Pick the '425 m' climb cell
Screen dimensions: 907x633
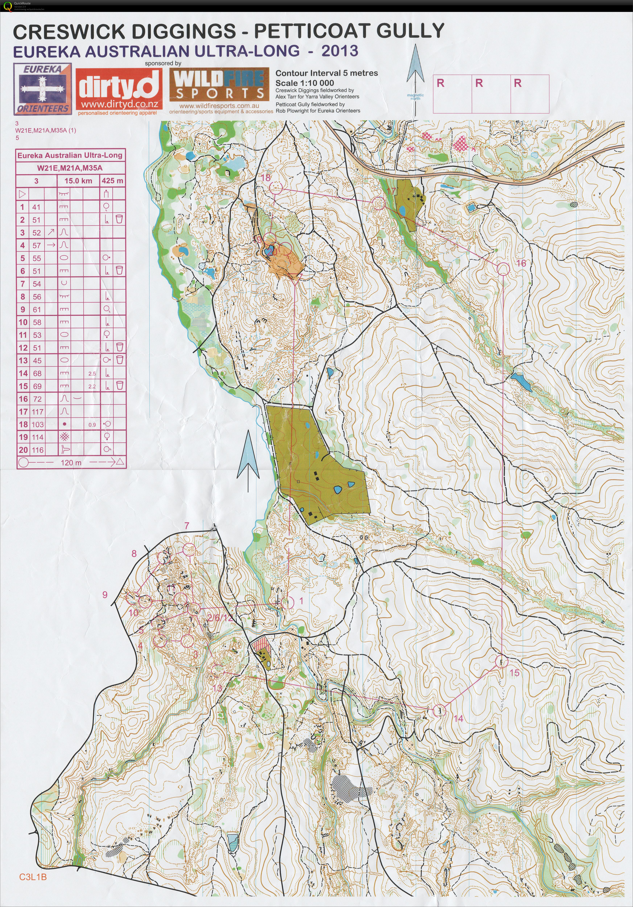(112, 181)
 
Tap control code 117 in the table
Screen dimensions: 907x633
(38, 412)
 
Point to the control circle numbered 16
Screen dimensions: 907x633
(503, 269)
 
